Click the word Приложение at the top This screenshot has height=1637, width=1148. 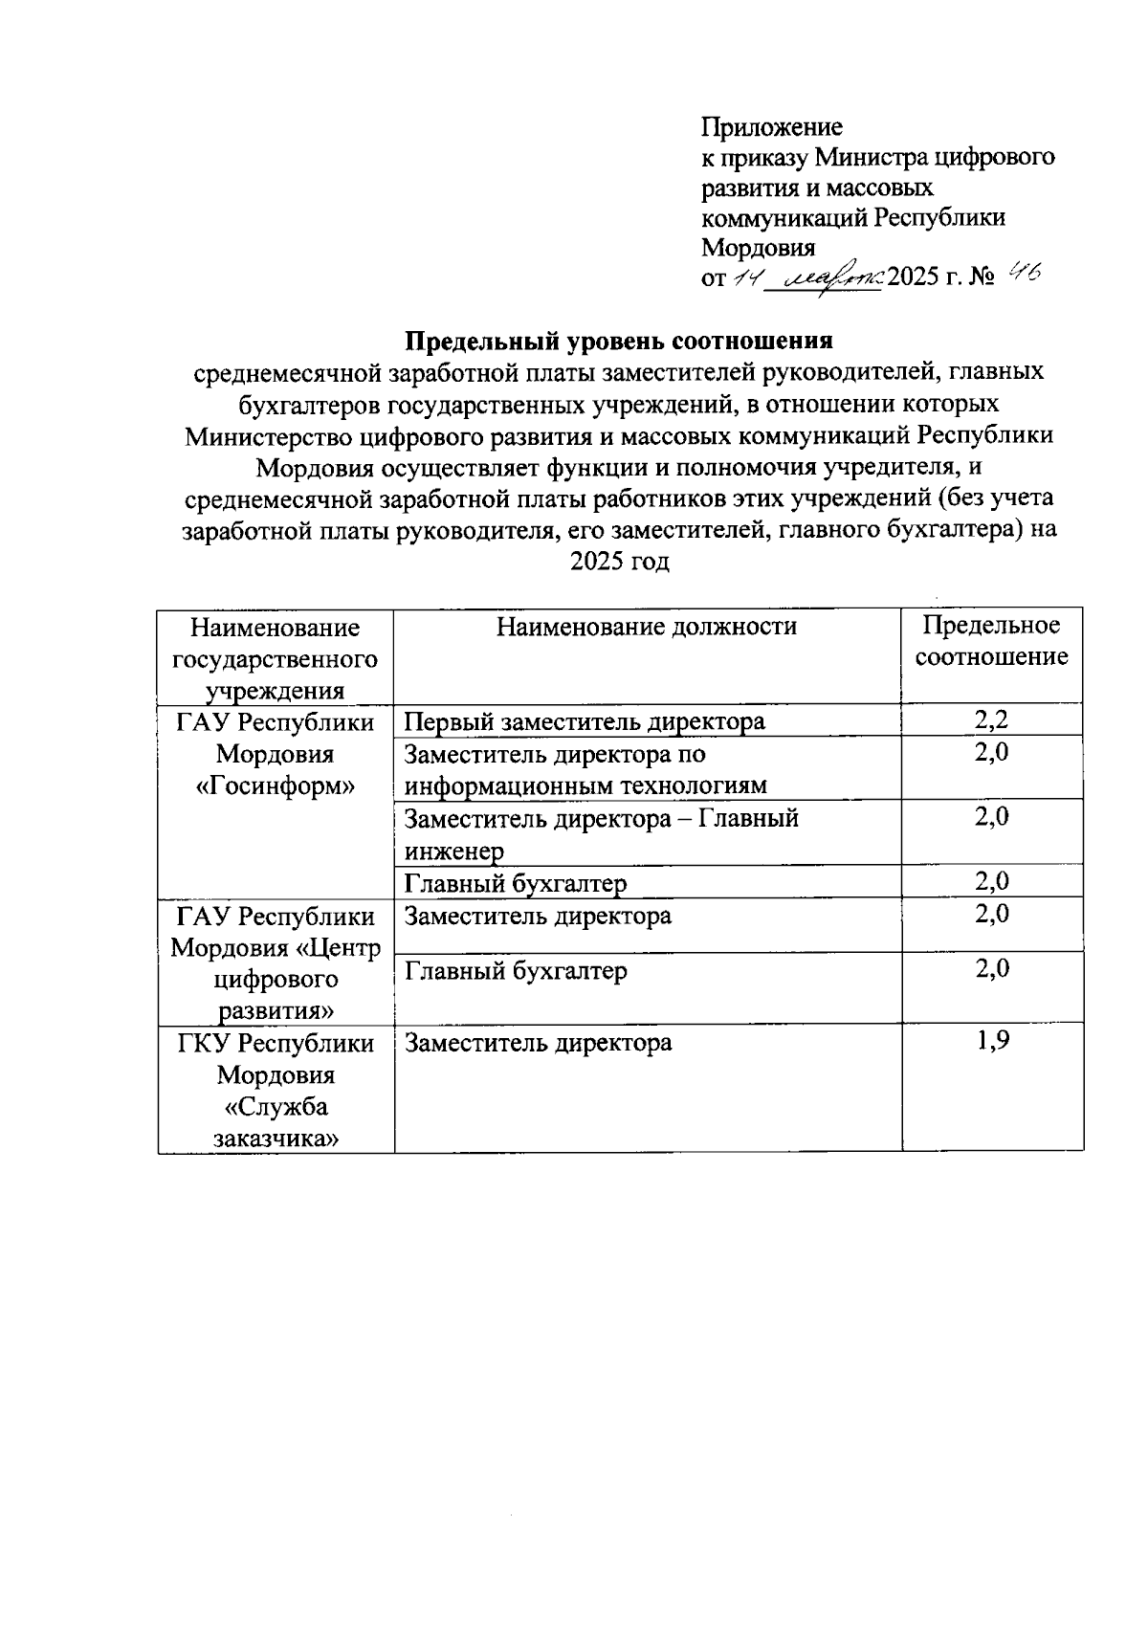tap(772, 127)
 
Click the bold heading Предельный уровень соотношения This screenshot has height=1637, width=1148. tap(619, 342)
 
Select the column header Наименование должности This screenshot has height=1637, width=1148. tap(646, 627)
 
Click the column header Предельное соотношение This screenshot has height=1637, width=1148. tap(991, 641)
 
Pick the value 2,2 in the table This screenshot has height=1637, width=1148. tap(992, 720)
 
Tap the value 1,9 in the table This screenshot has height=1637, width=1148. tap(992, 1042)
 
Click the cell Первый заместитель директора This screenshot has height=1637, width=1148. tap(585, 721)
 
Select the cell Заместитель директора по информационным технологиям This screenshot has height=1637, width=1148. tap(585, 769)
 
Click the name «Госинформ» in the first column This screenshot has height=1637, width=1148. tap(275, 786)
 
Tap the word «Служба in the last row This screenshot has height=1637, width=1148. tap(276, 1107)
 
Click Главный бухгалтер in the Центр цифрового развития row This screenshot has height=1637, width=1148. tap(516, 971)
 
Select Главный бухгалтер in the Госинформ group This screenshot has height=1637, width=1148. tap(516, 882)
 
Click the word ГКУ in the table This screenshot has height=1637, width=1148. tap(204, 1043)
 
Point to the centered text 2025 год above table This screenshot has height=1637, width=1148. tap(619, 562)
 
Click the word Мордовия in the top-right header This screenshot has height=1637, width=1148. tap(758, 248)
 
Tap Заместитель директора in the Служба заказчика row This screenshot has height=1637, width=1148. tap(538, 1043)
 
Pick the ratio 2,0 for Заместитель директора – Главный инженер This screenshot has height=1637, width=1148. tap(992, 817)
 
